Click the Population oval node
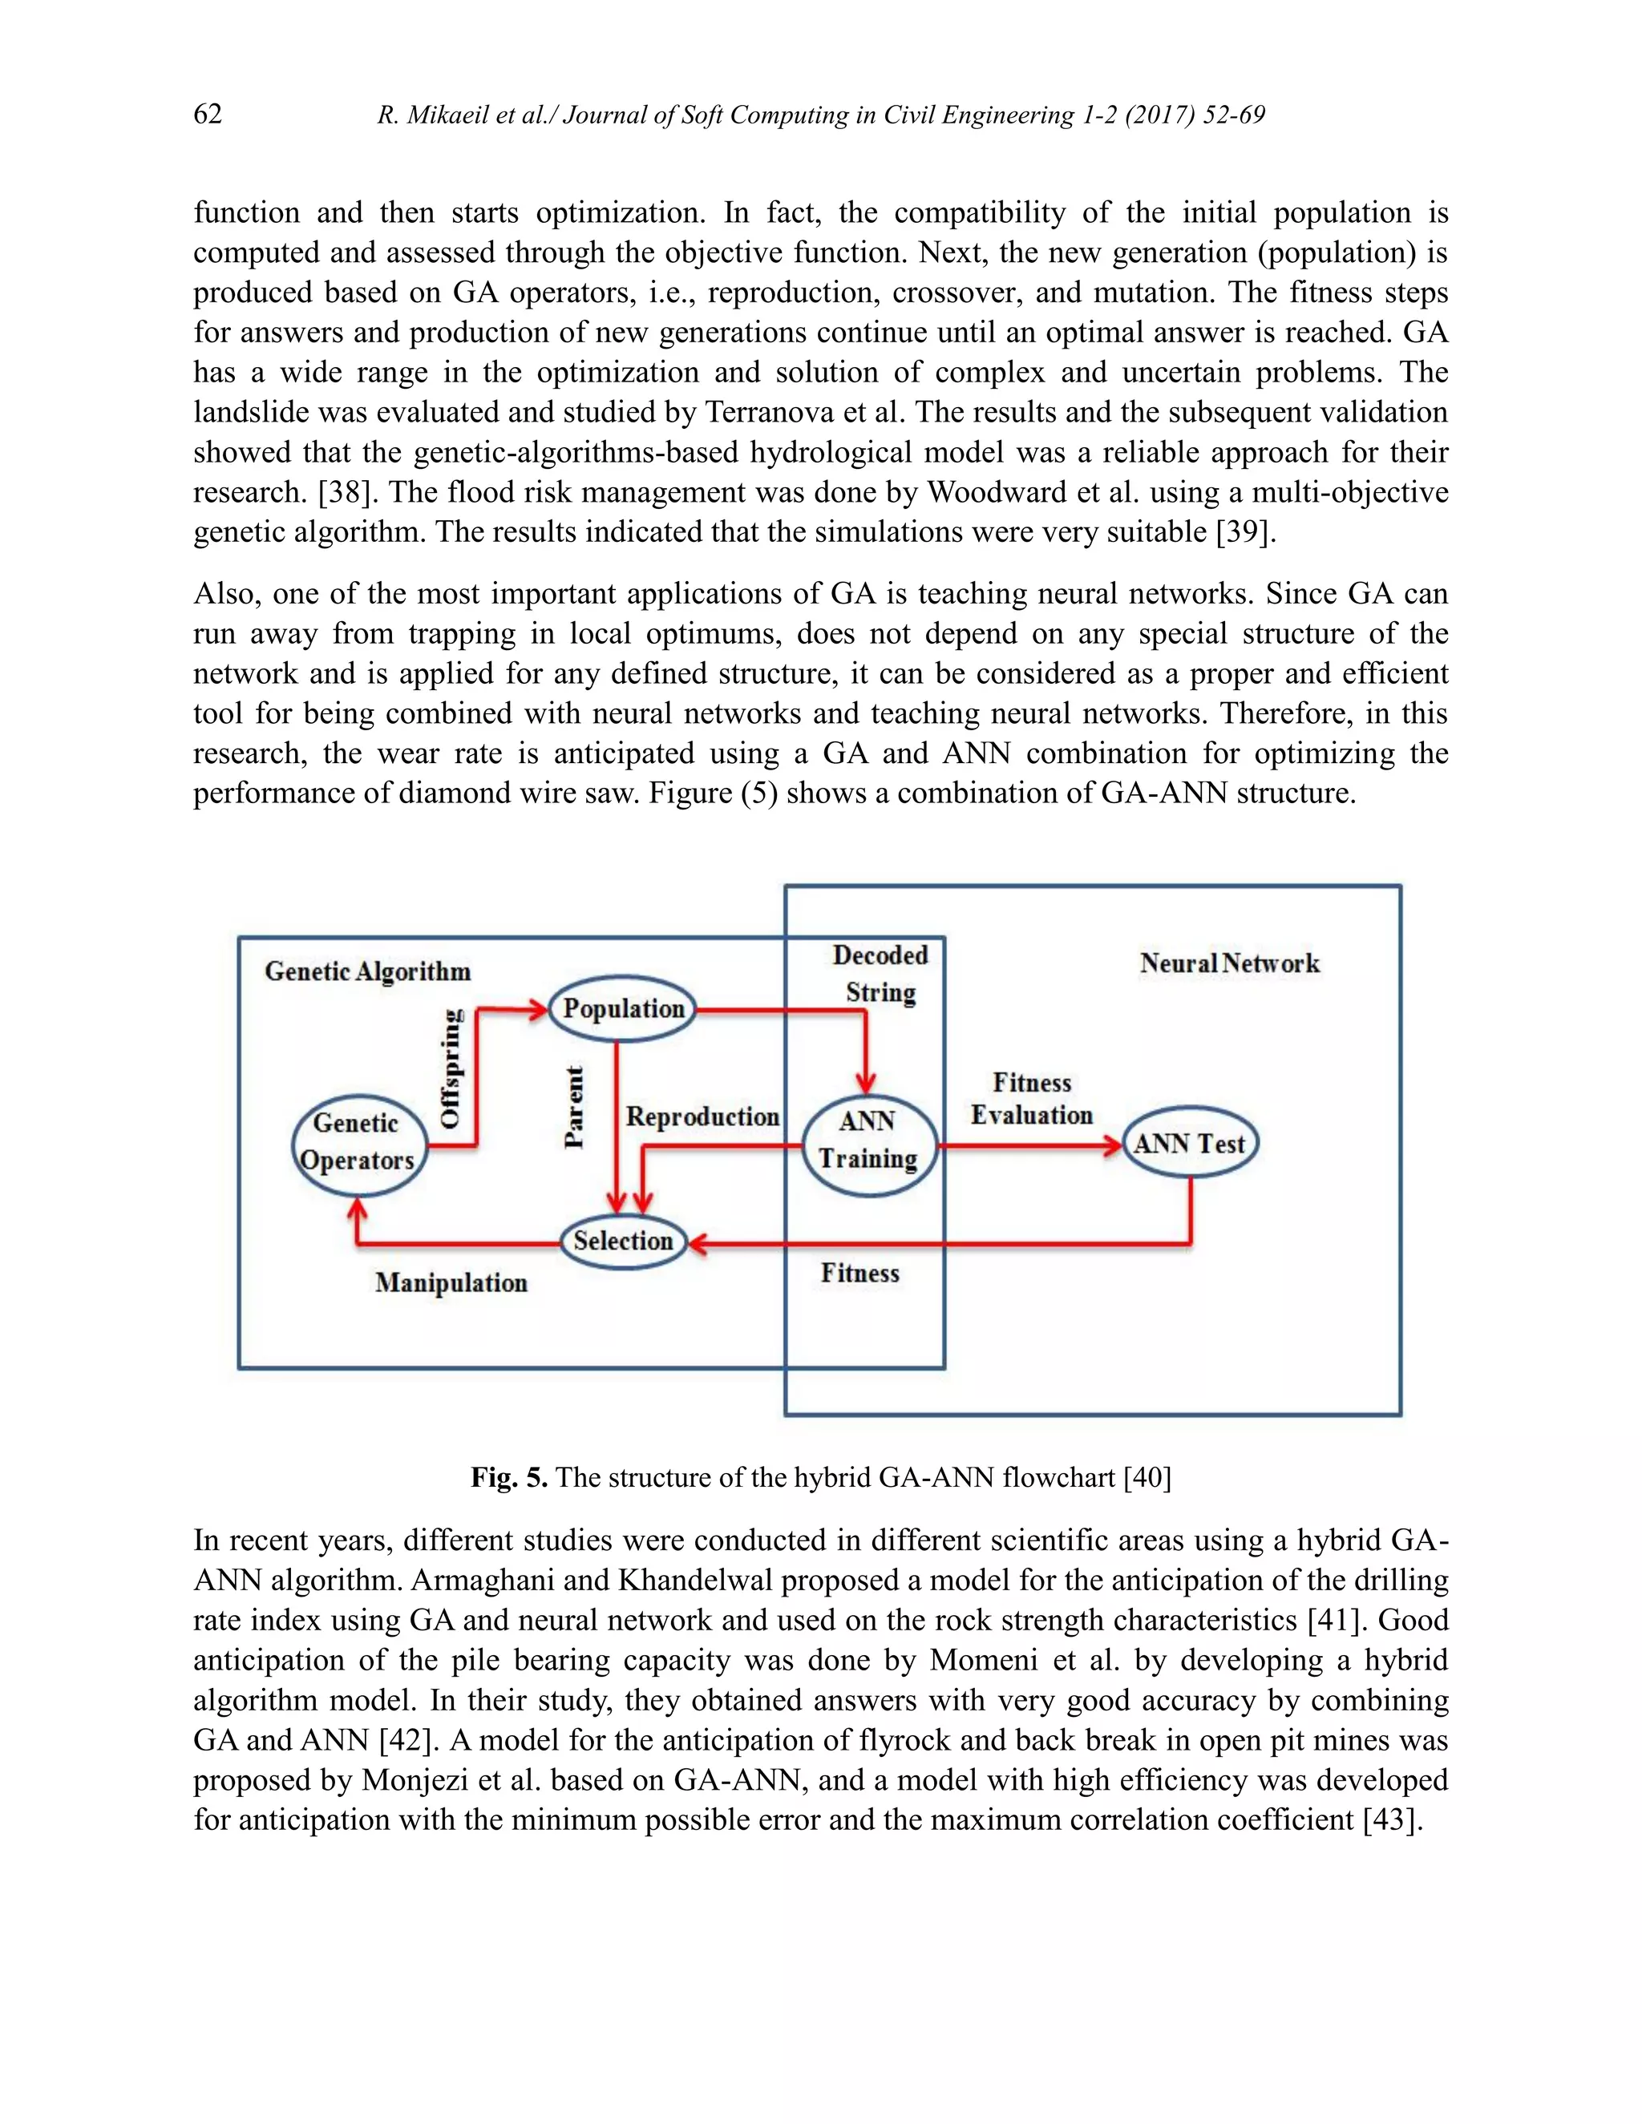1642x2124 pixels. pos(622,1008)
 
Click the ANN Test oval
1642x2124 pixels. pos(1190,1144)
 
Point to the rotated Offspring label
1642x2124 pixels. pos(451,1068)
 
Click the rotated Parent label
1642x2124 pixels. pos(575,1107)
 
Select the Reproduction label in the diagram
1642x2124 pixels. pos(702,1117)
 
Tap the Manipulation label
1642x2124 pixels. pos(451,1282)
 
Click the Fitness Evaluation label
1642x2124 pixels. pos(1031,1099)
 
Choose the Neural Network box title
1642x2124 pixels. pos(1230,963)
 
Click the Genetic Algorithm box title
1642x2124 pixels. pos(368,971)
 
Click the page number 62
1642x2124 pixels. pos(207,115)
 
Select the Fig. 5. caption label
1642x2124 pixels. pos(509,1478)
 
